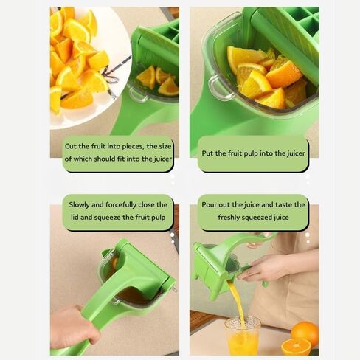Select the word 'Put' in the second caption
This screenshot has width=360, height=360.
point(208,153)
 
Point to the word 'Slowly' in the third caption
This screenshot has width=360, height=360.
point(83,204)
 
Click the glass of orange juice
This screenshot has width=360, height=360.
point(243,336)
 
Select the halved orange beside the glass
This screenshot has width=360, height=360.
point(296,347)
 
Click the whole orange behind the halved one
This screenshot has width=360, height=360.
point(305,333)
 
